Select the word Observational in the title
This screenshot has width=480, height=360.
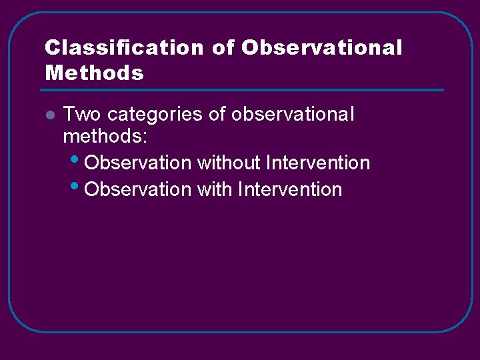322,49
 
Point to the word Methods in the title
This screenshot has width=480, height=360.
94,73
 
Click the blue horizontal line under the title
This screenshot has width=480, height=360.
244,90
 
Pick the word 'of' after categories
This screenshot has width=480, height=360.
217,115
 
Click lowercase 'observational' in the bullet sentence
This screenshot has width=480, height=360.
293,115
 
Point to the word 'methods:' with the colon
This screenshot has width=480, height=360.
105,137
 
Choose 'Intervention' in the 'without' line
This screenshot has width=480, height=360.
317,163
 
